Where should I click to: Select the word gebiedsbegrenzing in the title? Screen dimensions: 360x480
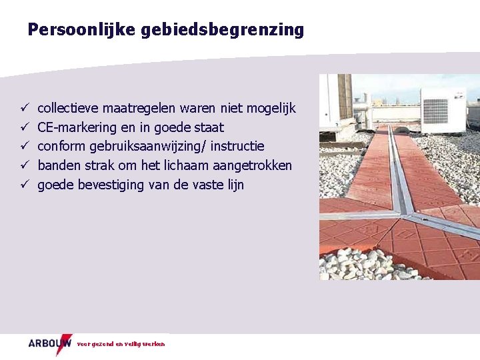pyautogui.click(x=222, y=30)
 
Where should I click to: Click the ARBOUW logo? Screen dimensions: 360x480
pyautogui.click(x=49, y=344)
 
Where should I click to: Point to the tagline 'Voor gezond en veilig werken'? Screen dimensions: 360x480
pyautogui.click(x=121, y=345)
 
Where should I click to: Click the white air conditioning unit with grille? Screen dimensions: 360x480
pyautogui.click(x=442, y=110)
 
